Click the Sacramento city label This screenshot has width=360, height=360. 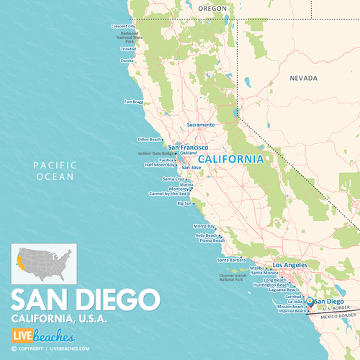[x=201, y=125]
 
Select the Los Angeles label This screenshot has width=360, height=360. [x=291, y=264]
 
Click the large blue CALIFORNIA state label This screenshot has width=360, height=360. [x=230, y=158]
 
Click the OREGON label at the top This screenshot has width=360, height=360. [x=212, y=9]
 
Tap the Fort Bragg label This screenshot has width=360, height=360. [x=134, y=102]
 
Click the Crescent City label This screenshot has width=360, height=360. [x=123, y=26]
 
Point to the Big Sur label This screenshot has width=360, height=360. [x=184, y=203]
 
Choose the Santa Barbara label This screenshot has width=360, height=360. [x=233, y=260]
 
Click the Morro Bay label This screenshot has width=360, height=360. [x=204, y=226]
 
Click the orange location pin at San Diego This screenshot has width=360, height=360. [x=310, y=300]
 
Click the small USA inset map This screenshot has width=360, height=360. [x=43, y=264]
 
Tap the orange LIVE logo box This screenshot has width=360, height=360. [x=24, y=335]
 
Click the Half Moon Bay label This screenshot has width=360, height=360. [x=160, y=164]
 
